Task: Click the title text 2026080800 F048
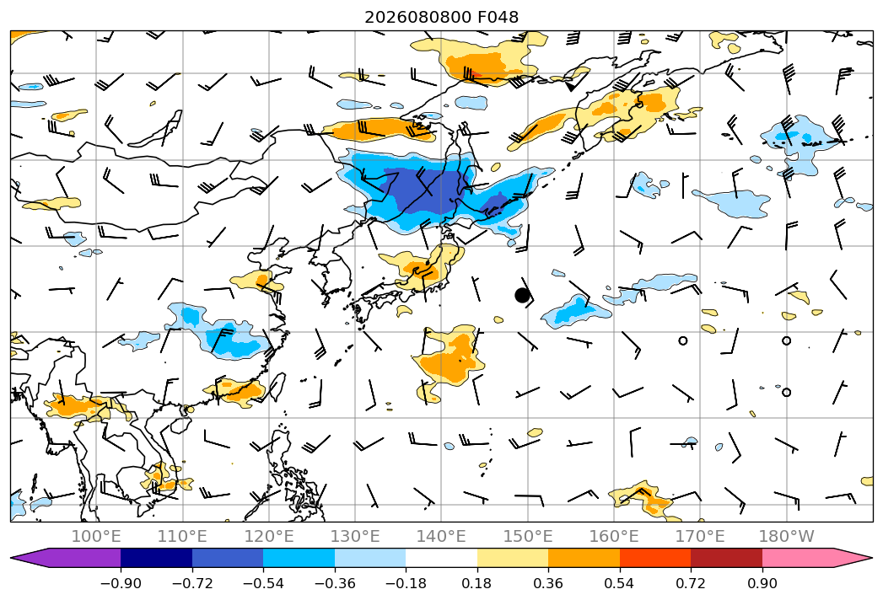442,17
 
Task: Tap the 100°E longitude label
96,536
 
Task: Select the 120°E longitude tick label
269,536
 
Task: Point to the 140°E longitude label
441,536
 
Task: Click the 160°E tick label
614,536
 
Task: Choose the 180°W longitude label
786,536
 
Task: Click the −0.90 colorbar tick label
121,583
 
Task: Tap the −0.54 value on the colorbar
263,583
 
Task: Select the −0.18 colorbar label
406,583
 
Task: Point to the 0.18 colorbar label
476,583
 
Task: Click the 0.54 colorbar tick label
619,583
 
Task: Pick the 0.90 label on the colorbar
762,583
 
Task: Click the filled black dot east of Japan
522,295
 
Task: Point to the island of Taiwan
278,387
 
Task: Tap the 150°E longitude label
528,536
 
